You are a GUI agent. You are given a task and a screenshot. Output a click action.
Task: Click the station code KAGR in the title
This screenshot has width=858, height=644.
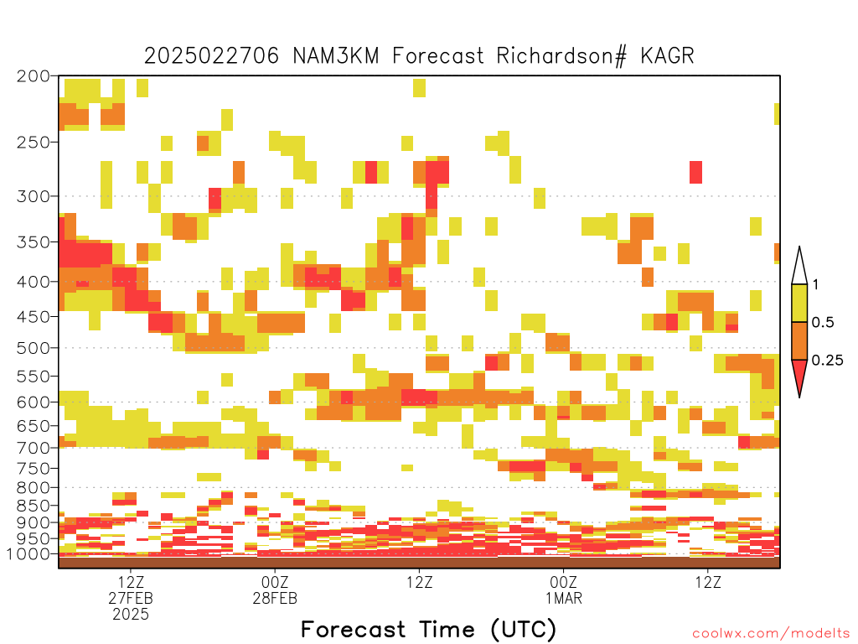[667, 56]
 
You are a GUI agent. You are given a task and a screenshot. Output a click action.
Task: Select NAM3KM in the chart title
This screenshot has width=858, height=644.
[336, 56]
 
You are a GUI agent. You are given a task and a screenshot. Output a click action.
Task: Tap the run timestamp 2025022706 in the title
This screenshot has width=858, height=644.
[211, 56]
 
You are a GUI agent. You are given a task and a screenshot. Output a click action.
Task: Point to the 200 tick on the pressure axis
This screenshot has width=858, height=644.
[33, 76]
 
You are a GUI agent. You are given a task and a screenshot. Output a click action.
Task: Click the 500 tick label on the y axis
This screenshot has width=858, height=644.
[33, 348]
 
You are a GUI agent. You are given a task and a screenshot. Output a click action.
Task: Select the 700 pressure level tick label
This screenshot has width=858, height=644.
[33, 448]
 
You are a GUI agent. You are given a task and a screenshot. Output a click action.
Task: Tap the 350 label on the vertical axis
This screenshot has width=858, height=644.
[33, 242]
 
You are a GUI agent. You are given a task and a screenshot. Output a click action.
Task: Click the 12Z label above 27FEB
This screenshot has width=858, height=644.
[131, 582]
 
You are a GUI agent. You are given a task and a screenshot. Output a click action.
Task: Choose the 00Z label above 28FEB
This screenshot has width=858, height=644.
[275, 582]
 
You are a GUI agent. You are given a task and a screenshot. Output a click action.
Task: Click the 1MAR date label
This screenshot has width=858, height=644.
[564, 598]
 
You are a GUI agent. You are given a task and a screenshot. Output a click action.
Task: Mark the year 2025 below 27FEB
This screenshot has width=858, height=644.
[131, 615]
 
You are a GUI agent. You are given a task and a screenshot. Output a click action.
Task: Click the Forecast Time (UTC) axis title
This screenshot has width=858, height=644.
[428, 630]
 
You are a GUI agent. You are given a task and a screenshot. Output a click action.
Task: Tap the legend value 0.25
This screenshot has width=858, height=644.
[827, 361]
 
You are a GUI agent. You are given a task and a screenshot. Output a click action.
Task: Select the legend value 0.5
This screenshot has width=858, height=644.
[823, 322]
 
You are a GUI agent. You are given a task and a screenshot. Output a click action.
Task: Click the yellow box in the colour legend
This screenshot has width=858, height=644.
[799, 303]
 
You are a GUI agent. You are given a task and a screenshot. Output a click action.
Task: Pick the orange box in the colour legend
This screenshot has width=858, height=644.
[799, 340]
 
